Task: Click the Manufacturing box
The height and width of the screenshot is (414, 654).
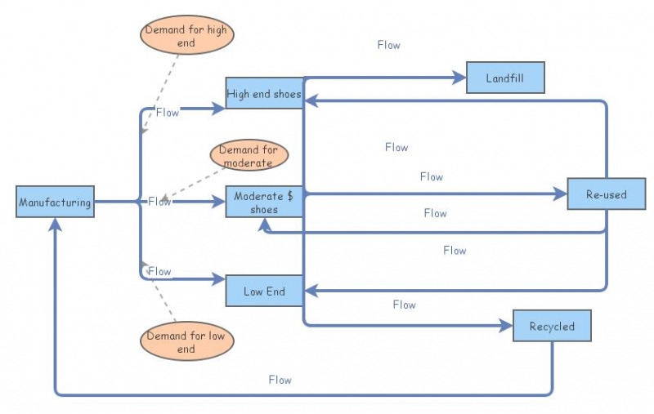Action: [x=55, y=202]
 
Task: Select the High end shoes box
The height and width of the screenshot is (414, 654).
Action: [x=264, y=94]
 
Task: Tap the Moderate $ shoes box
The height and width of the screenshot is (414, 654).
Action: [x=264, y=202]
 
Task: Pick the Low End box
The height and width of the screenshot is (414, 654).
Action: [x=264, y=291]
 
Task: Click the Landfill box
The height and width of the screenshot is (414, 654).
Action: [x=505, y=78]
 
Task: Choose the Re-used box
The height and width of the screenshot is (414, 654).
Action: [x=607, y=194]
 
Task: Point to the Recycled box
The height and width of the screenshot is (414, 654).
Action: [x=552, y=326]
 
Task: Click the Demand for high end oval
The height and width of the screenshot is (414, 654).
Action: [x=186, y=36]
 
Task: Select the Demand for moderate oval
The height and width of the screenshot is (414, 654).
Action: [x=248, y=156]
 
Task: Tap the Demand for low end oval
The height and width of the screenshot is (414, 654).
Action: [x=186, y=342]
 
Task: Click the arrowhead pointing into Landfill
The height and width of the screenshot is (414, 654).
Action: [x=459, y=78]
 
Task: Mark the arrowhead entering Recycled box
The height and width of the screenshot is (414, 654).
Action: [x=507, y=326]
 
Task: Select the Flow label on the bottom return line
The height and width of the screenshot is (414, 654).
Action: [x=280, y=380]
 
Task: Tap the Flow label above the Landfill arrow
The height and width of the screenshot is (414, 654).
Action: [x=388, y=45]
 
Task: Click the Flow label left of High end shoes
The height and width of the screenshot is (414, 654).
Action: [x=167, y=113]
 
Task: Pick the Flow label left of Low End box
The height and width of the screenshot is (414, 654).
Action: [x=159, y=271]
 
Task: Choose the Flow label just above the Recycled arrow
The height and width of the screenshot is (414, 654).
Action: [x=404, y=305]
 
